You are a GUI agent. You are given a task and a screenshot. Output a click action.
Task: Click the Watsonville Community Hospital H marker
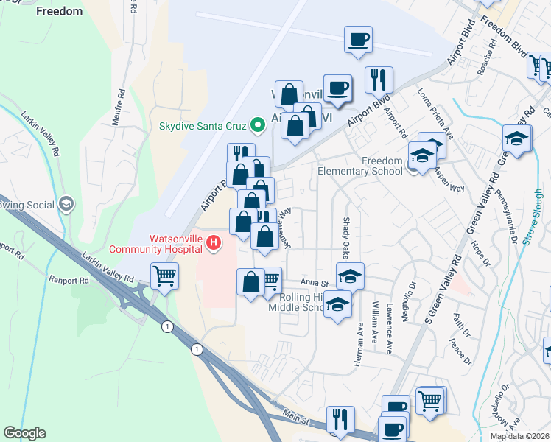(214, 242)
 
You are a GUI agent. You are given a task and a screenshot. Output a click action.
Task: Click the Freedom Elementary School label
(360, 166)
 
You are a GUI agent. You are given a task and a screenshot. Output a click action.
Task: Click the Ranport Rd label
(69, 281)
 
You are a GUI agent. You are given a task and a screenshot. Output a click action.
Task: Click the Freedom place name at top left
(59, 11)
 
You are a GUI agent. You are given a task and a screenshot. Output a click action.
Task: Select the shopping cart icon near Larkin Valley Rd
(164, 277)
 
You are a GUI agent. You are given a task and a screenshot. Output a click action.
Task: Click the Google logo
(24, 433)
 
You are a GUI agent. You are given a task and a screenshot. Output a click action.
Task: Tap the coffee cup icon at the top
(359, 39)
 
